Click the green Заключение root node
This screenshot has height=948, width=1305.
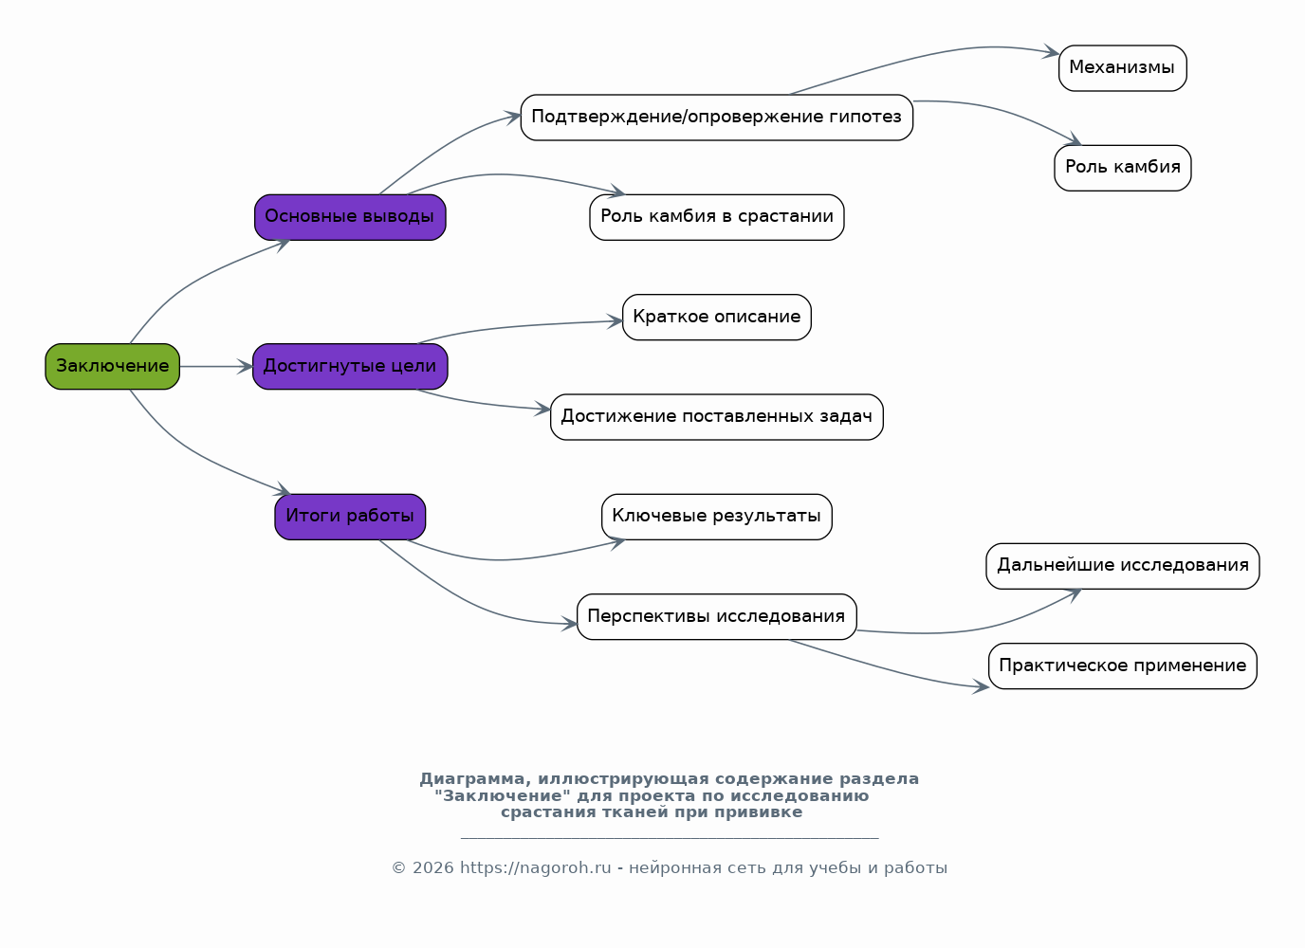113,366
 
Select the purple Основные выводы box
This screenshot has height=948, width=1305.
350,217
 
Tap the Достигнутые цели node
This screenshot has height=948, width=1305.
350,366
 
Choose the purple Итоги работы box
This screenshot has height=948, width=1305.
350,517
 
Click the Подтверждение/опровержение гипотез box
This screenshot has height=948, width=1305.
717,117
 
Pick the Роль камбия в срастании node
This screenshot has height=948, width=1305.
717,217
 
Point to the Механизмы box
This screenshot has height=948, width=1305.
1123,68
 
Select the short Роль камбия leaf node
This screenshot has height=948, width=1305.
1123,168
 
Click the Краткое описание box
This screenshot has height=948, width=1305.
717,317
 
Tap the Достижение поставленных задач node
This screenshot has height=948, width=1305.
717,417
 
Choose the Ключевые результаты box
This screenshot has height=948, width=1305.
717,517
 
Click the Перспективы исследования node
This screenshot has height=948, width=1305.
717,616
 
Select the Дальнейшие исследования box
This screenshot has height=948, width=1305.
1123,566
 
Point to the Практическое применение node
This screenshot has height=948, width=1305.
1123,666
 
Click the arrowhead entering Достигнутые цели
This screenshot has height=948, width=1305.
246,366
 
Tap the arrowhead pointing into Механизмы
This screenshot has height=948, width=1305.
1052,52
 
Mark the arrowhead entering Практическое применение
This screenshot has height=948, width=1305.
982,687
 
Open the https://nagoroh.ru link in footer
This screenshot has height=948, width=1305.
536,868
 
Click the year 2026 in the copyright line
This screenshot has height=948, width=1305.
432,868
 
